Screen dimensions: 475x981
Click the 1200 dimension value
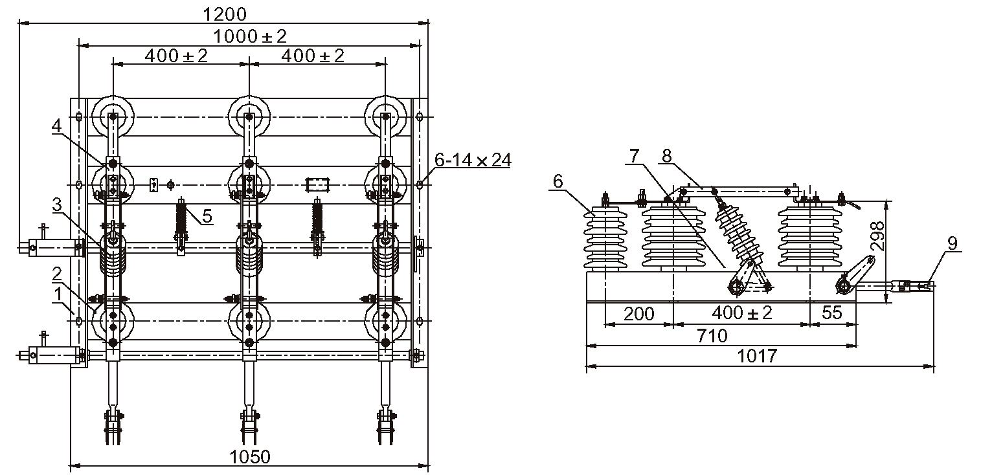pyautogui.click(x=225, y=14)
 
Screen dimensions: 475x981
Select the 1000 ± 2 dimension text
pyautogui.click(x=249, y=36)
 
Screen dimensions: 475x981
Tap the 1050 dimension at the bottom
pyautogui.click(x=250, y=456)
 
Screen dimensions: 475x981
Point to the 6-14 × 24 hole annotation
pyautogui.click(x=472, y=160)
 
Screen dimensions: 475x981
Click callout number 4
pyautogui.click(x=57, y=126)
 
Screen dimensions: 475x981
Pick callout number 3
pyautogui.click(x=57, y=206)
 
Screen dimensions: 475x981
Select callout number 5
pyautogui.click(x=207, y=215)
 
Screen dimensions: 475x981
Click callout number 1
pyautogui.click(x=59, y=293)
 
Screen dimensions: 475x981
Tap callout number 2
pyautogui.click(x=58, y=272)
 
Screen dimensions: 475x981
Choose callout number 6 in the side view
pyautogui.click(x=558, y=181)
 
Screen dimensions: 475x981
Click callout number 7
pyautogui.click(x=634, y=155)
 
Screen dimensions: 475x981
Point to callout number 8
pyautogui.click(x=666, y=155)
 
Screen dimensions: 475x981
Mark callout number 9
pyautogui.click(x=951, y=243)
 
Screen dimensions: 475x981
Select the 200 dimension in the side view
pyautogui.click(x=638, y=314)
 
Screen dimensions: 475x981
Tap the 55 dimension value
pyautogui.click(x=831, y=313)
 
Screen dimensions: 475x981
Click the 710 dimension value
pyautogui.click(x=711, y=336)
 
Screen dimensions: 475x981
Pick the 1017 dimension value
pyautogui.click(x=758, y=356)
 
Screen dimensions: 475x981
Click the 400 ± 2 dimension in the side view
pyautogui.click(x=742, y=313)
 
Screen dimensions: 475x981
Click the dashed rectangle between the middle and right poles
pyautogui.click(x=318, y=185)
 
